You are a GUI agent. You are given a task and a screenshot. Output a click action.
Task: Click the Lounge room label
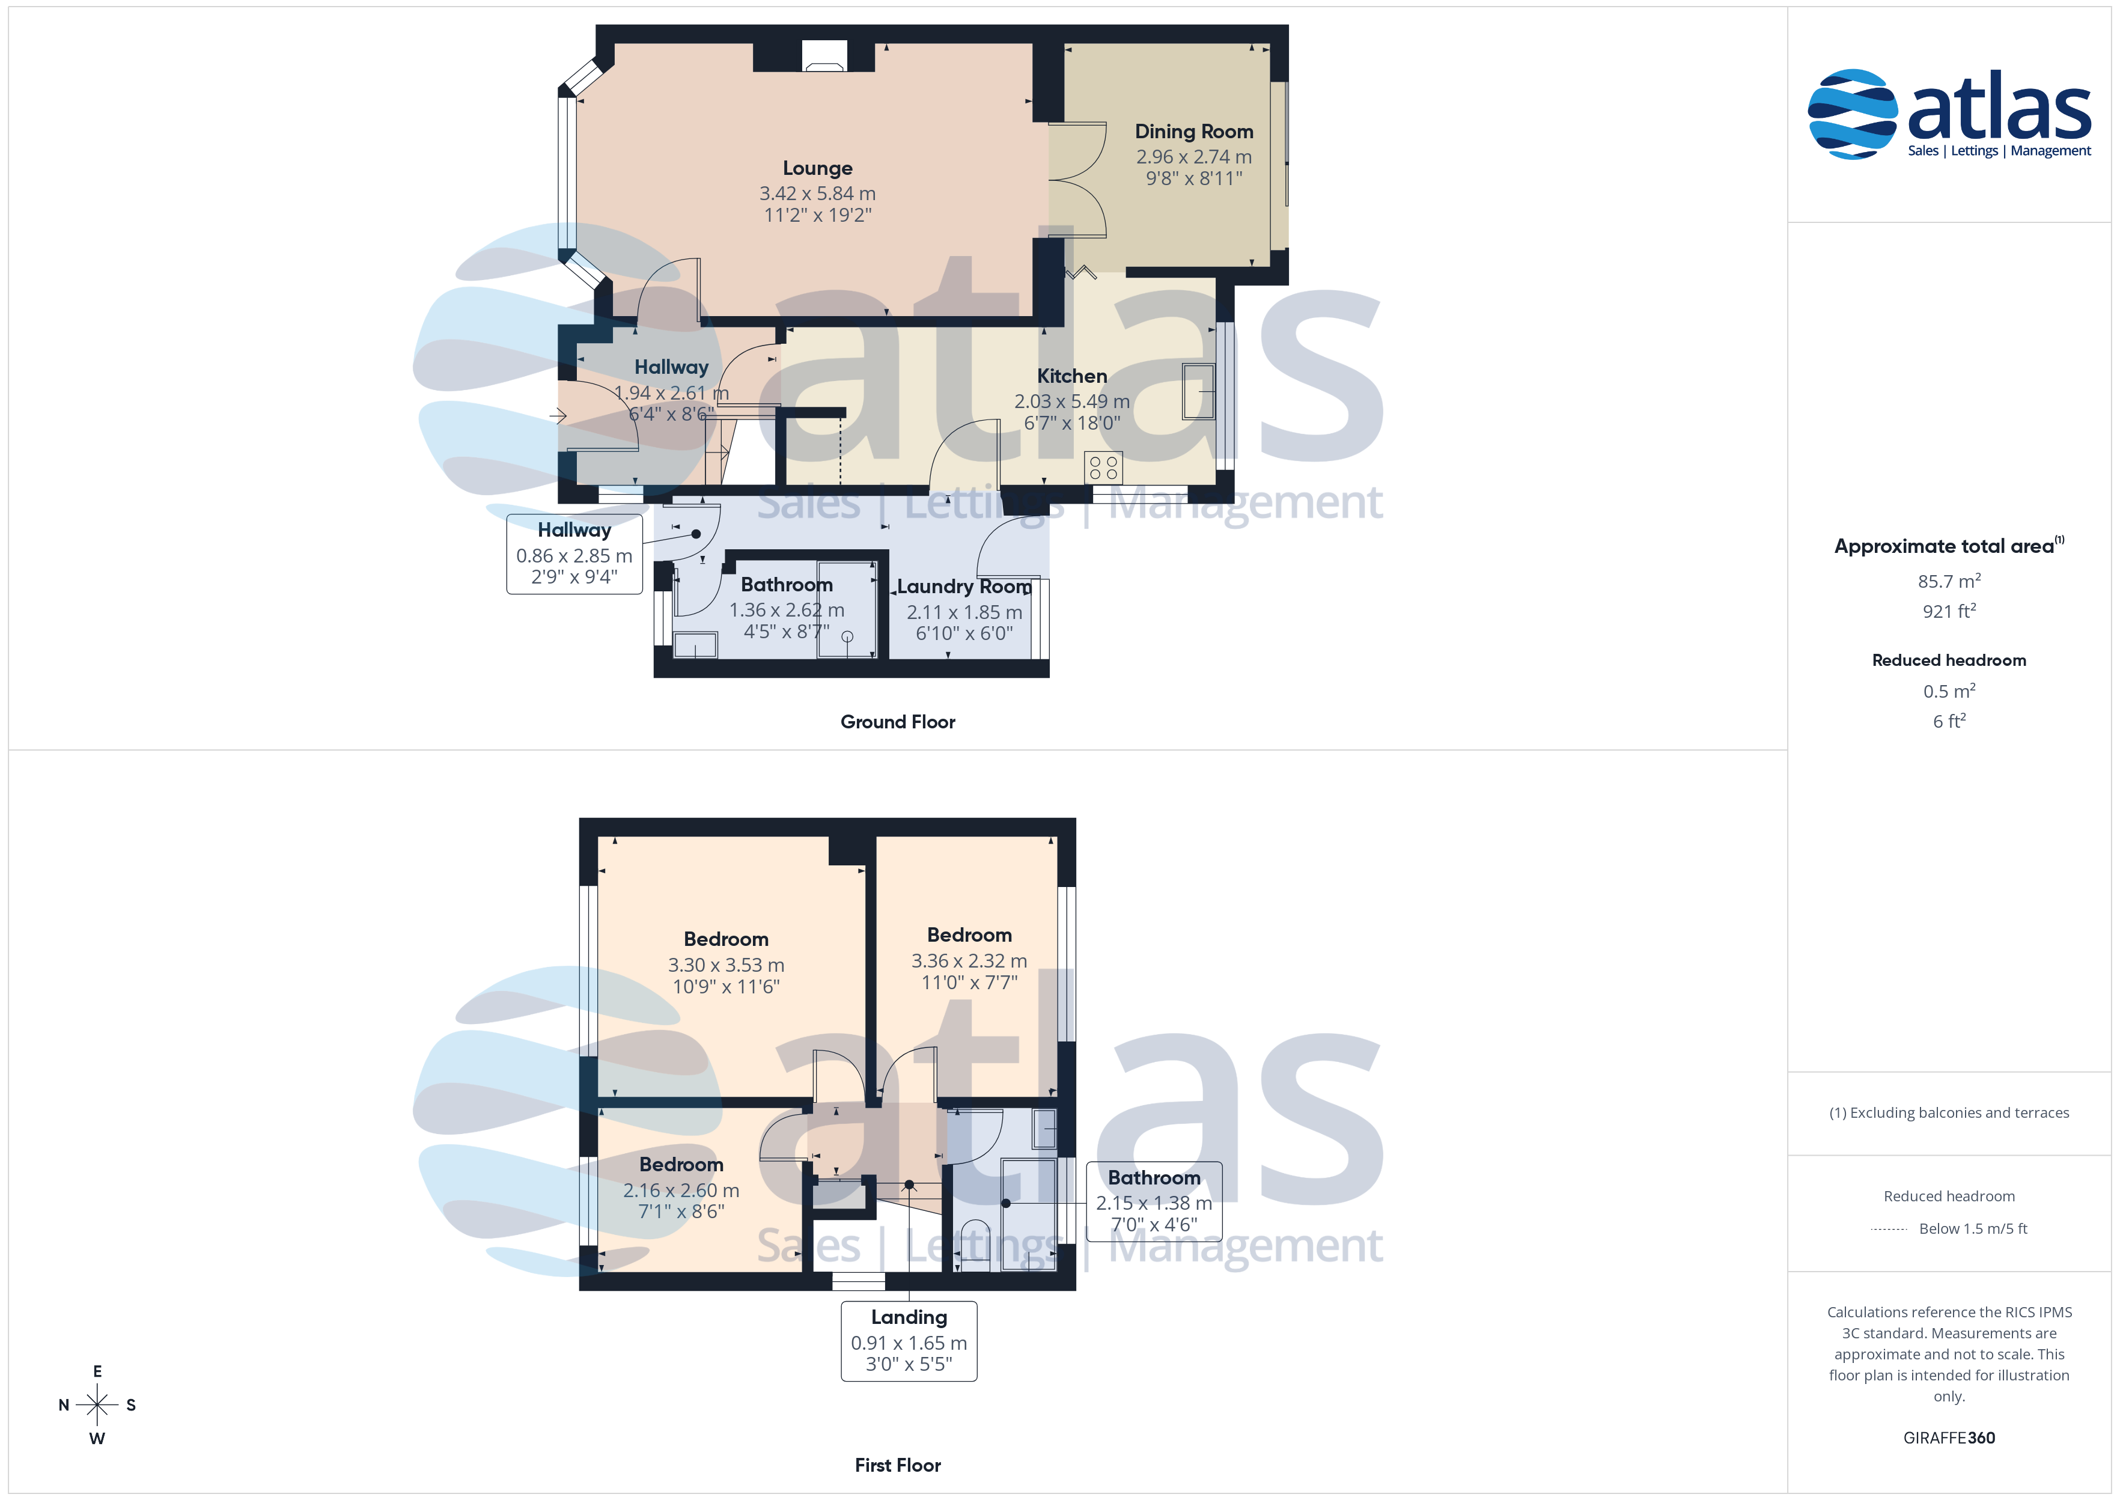pos(817,168)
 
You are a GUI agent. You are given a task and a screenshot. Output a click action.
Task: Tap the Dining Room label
pos(1194,132)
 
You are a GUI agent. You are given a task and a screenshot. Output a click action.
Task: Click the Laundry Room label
pos(964,587)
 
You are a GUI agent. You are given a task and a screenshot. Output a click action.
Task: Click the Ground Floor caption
pos(898,722)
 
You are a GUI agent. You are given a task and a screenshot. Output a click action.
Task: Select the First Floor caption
pos(898,1465)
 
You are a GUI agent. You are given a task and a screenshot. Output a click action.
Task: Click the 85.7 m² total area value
pos(1949,581)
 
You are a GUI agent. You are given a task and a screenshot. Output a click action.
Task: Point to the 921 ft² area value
pos(1949,611)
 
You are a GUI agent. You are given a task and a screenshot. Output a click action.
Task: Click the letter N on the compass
pos(64,1405)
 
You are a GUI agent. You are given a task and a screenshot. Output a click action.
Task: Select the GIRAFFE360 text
pos(1949,1438)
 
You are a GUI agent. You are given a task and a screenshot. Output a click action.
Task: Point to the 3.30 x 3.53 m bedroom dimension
pos(726,965)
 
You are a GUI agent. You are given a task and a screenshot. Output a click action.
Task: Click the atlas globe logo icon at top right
pos(1852,114)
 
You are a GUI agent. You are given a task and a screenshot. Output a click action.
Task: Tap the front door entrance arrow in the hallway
pos(558,416)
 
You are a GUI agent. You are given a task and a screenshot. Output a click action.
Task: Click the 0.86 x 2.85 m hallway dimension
pos(574,556)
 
